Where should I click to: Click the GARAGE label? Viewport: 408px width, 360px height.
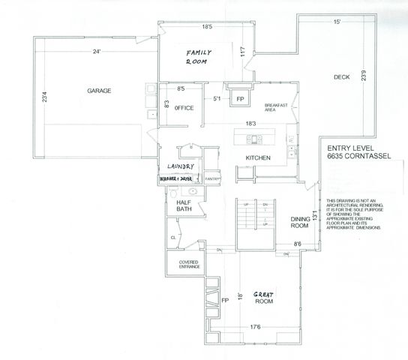pyautogui.click(x=98, y=91)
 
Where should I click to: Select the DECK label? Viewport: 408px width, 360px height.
pyautogui.click(x=342, y=76)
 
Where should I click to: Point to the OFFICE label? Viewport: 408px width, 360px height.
pyautogui.click(x=184, y=109)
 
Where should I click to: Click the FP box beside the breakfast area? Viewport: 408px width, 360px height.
pyautogui.click(x=241, y=98)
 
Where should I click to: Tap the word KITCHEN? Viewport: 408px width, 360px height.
pyautogui.click(x=257, y=157)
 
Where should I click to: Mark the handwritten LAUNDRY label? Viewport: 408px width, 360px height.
pyautogui.click(x=180, y=166)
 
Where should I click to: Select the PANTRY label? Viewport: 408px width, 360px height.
pyautogui.click(x=211, y=180)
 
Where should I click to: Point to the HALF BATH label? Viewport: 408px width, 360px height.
pyautogui.click(x=185, y=206)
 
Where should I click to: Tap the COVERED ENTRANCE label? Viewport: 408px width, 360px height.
pyautogui.click(x=188, y=263)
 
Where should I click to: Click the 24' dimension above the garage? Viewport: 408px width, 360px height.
pyautogui.click(x=97, y=52)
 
